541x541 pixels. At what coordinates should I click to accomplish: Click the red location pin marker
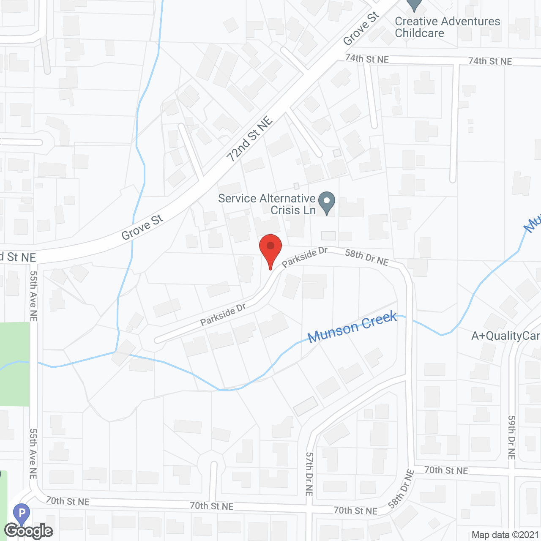270,247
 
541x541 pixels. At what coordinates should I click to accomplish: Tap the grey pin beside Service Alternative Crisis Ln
326,202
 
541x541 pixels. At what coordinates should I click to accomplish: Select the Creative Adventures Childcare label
447,27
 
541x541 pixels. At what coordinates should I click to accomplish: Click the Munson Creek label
352,327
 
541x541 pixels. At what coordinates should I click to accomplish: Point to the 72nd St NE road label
249,140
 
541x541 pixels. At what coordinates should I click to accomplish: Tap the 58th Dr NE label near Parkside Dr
366,257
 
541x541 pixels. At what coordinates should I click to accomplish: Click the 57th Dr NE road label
309,474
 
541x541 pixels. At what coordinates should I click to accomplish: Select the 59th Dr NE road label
511,437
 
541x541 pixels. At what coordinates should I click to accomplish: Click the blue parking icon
22,514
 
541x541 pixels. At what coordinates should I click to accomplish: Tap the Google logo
29,531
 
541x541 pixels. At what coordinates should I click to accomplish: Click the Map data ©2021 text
505,535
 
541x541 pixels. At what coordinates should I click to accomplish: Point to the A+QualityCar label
505,336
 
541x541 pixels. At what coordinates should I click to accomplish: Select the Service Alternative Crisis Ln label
267,204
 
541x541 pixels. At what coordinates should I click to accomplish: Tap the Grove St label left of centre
142,227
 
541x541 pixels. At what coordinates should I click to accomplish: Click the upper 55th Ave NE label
34,295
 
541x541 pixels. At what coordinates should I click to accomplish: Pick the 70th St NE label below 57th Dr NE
355,511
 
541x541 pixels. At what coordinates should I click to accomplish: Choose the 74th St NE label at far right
490,61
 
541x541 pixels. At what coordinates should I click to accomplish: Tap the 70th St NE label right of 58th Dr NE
446,470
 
